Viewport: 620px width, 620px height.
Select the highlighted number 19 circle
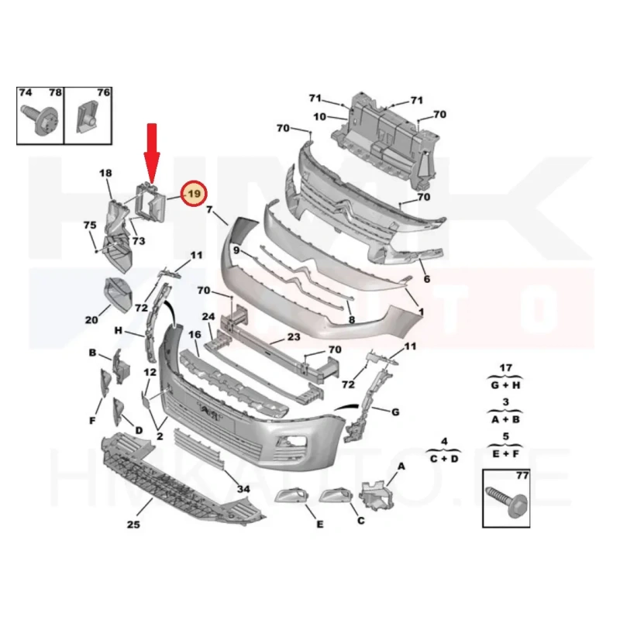tap(195, 194)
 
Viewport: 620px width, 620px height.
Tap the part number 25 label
tap(133, 525)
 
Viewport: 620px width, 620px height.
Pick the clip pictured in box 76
tap(88, 118)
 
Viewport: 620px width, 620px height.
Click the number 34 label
tap(243, 489)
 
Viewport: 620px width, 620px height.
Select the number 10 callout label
tap(319, 117)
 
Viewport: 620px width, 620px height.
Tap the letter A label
tap(401, 467)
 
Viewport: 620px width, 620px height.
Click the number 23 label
tap(294, 336)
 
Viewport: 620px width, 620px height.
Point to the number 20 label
tap(91, 319)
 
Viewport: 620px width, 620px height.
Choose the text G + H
tap(506, 384)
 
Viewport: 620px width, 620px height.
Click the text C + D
tap(444, 459)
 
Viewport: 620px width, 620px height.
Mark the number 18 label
tap(105, 173)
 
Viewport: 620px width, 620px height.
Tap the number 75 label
tap(90, 225)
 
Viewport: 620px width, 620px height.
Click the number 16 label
tap(195, 335)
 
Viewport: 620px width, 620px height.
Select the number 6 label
tap(427, 279)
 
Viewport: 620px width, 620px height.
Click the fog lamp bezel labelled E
tap(291, 496)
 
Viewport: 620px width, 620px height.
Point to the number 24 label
tap(208, 316)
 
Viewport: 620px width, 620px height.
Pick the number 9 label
tap(236, 250)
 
